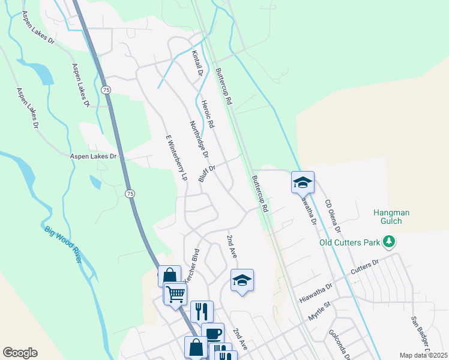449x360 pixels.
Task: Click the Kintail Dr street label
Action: pyautogui.click(x=198, y=63)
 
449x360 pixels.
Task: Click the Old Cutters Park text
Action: pyautogui.click(x=351, y=242)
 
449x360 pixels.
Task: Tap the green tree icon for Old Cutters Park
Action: pyautogui.click(x=390, y=242)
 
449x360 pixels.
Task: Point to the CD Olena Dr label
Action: pyautogui.click(x=333, y=215)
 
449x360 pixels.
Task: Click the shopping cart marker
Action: pyautogui.click(x=175, y=293)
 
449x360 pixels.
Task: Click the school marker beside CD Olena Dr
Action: pyautogui.click(x=303, y=182)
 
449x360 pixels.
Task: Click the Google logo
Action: pyautogui.click(x=20, y=353)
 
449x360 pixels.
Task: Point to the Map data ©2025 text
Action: pyautogui.click(x=423, y=355)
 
